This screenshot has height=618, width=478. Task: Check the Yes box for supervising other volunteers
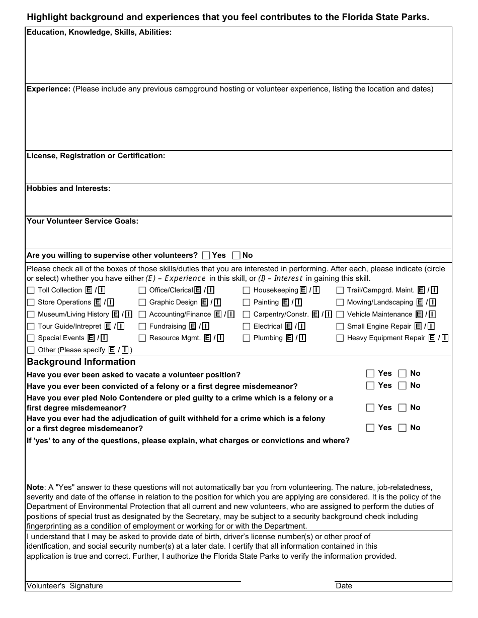tap(206, 255)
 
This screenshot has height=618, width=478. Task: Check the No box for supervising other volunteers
tap(236, 255)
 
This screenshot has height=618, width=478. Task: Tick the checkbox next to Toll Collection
tap(31, 290)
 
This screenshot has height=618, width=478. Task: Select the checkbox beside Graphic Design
tap(142, 302)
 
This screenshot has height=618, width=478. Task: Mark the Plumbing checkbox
tap(247, 338)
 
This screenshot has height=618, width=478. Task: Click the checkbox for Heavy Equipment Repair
tap(340, 338)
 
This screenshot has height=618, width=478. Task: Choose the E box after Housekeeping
tap(303, 290)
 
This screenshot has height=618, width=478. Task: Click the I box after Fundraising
tap(205, 327)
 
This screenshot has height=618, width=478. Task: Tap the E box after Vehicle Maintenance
tap(418, 315)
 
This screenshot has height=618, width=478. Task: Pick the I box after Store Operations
tap(111, 302)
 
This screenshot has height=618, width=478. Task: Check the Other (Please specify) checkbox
tap(31, 350)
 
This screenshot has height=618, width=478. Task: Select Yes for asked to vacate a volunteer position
tap(370, 373)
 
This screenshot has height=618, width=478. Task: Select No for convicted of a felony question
tap(403, 385)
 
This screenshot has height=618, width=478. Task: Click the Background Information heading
tap(81, 362)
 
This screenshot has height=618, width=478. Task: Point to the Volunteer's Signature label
tap(64, 586)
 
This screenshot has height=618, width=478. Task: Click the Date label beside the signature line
tap(344, 586)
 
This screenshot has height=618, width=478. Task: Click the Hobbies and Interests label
tap(68, 188)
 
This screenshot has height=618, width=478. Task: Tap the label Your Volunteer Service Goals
tap(83, 221)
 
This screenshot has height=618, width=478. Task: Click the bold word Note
tap(35, 487)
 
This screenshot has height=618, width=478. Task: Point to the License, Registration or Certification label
tap(96, 156)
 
